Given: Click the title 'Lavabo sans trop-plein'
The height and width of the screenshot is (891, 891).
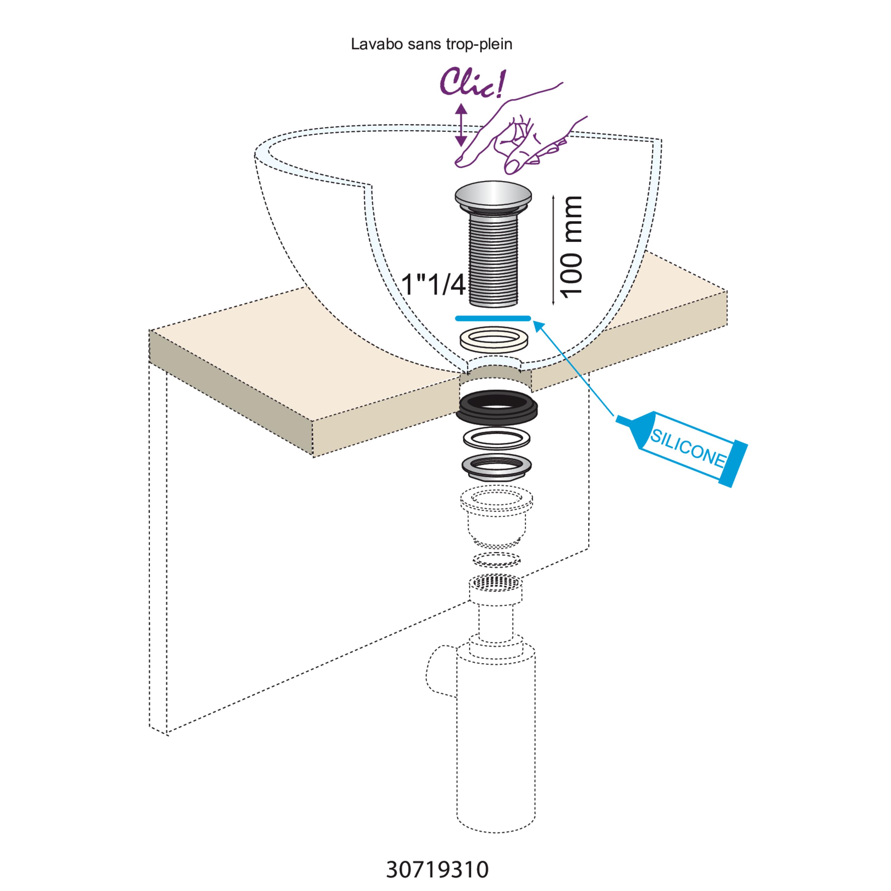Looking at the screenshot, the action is pos(431,44).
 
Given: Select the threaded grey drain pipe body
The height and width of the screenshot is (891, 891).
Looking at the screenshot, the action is pos(493,260).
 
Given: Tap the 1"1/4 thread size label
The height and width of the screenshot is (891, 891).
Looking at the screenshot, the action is pos(434,285).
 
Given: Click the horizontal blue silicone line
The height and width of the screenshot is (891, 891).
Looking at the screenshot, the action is pos(493,318).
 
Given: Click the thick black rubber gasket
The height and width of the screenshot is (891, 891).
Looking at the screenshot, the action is pos(497,408).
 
